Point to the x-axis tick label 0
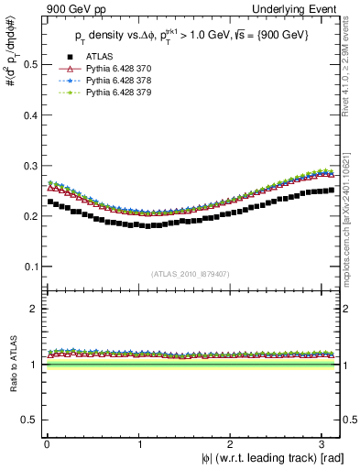point(47,445)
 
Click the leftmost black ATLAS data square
point(50,202)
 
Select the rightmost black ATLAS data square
point(332,190)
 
